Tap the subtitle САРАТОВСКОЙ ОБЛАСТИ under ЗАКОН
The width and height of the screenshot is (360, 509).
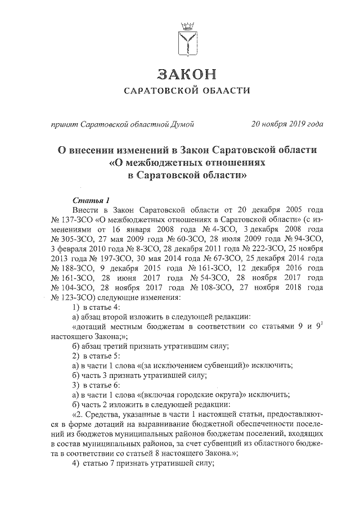click(186, 91)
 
